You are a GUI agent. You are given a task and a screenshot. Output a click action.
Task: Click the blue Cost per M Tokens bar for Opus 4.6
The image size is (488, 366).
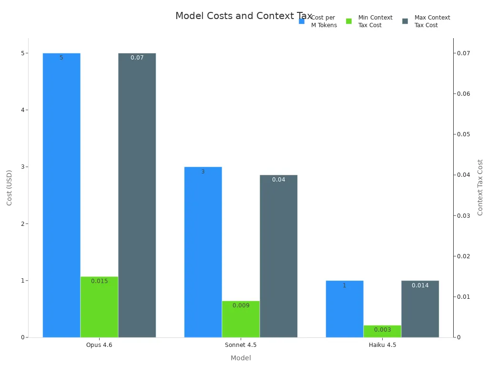(61, 195)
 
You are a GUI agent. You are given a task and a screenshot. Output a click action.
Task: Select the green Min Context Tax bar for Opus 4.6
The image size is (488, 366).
(99, 307)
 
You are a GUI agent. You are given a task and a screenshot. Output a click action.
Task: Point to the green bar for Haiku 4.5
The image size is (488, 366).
(382, 331)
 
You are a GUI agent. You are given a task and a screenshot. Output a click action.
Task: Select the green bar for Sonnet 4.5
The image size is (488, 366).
(241, 319)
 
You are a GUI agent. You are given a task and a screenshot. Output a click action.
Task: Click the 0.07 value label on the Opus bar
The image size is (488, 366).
(137, 58)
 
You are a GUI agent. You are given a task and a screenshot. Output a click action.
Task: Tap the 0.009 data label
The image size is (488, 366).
(241, 305)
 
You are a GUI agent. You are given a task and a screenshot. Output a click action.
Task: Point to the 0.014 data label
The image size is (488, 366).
(420, 285)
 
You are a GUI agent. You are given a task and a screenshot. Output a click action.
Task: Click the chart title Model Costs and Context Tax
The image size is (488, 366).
(244, 16)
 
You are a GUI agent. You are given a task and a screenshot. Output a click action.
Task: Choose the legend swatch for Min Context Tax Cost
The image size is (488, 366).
(349, 21)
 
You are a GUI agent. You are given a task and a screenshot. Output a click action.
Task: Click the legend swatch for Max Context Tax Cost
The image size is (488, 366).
(405, 21)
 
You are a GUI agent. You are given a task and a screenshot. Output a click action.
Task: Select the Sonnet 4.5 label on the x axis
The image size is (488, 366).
(241, 345)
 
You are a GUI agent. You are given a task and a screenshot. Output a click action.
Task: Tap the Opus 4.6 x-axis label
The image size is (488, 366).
(99, 345)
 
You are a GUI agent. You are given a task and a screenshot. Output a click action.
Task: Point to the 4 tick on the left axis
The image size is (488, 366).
(22, 110)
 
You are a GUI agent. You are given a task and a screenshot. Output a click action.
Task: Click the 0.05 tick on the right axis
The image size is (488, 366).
(464, 134)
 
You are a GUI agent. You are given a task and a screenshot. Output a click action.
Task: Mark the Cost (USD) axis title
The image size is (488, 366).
(10, 188)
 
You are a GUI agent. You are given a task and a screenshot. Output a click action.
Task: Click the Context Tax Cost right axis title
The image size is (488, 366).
(480, 187)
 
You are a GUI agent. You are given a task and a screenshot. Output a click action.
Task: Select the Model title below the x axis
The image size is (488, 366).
(241, 358)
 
